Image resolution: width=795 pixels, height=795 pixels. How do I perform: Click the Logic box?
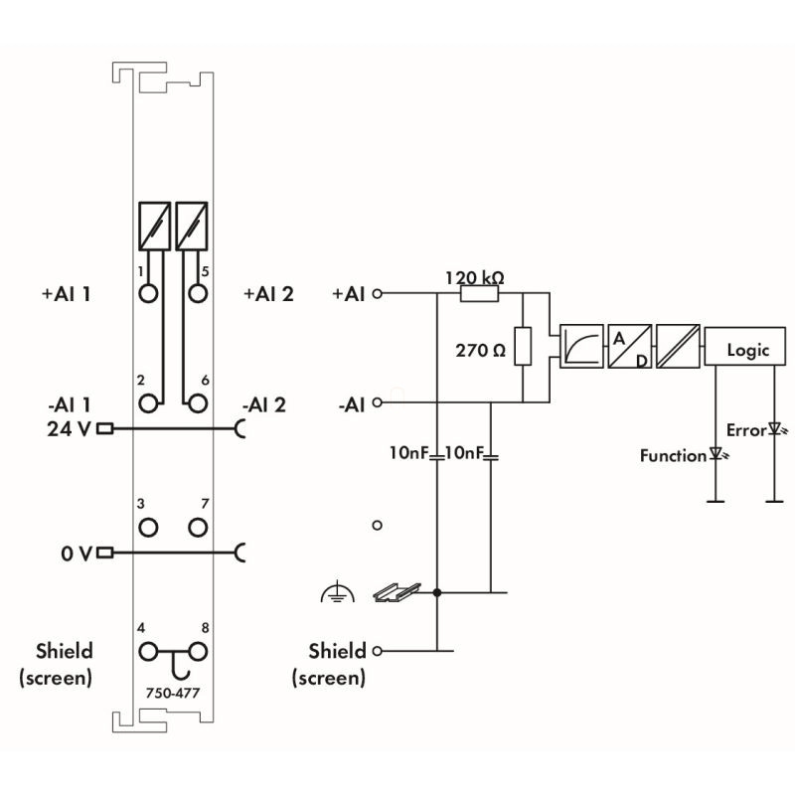pos(748,350)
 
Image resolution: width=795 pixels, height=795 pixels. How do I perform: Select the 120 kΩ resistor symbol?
pos(480,293)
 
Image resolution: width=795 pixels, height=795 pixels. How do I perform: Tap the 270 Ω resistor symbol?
pos(523,348)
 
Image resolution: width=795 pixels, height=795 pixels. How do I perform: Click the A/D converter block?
pos(629,348)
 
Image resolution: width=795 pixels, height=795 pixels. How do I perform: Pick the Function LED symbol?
pos(715,455)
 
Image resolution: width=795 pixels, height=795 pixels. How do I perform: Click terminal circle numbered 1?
pos(149,293)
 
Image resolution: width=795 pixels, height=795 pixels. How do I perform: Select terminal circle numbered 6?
pos(198,402)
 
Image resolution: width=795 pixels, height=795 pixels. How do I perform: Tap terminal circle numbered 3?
pos(149,526)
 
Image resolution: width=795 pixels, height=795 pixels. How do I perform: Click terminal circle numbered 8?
pos(198,652)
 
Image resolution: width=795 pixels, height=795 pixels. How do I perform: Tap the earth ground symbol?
pos(338,594)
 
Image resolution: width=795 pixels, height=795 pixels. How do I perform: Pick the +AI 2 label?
pos(268,294)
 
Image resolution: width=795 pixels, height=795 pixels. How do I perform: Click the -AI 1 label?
pos(69,404)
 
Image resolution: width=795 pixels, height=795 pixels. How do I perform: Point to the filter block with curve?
pos(579,348)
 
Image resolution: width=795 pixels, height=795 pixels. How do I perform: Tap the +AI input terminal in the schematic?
pos(377,293)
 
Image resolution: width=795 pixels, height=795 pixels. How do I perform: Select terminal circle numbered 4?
pos(149,652)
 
